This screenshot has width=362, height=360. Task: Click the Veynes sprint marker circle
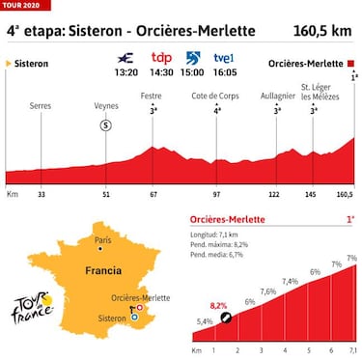tap(106, 124)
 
